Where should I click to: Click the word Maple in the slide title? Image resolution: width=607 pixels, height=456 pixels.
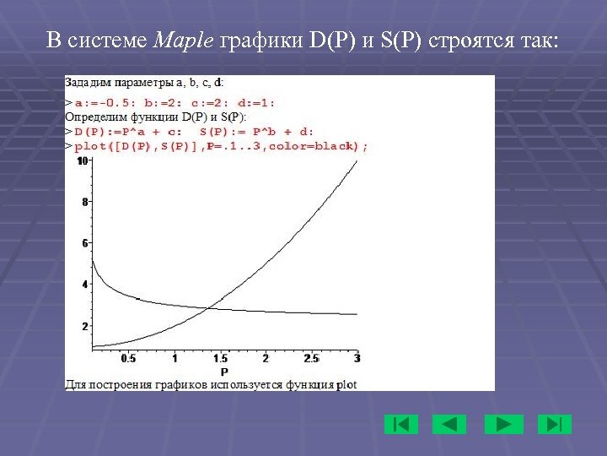[185, 41]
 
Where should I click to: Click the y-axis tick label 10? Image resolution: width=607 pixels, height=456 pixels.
[82, 160]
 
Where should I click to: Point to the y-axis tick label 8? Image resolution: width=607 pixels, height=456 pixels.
[84, 202]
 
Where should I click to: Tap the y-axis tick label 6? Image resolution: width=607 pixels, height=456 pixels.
[84, 243]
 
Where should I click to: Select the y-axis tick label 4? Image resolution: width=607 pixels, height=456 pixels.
[84, 285]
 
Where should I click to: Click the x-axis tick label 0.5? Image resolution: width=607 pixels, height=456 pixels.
[128, 359]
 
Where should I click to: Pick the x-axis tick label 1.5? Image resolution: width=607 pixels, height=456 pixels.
[221, 359]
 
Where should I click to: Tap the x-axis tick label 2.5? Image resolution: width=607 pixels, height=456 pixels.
[311, 359]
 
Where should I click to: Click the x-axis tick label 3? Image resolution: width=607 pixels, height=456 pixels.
[357, 359]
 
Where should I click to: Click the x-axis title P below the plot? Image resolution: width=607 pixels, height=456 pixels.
[224, 372]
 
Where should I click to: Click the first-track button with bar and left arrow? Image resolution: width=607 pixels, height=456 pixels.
[401, 424]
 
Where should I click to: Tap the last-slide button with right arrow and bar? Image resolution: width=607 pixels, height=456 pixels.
[554, 424]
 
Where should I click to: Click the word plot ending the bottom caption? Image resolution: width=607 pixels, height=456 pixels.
[346, 384]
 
